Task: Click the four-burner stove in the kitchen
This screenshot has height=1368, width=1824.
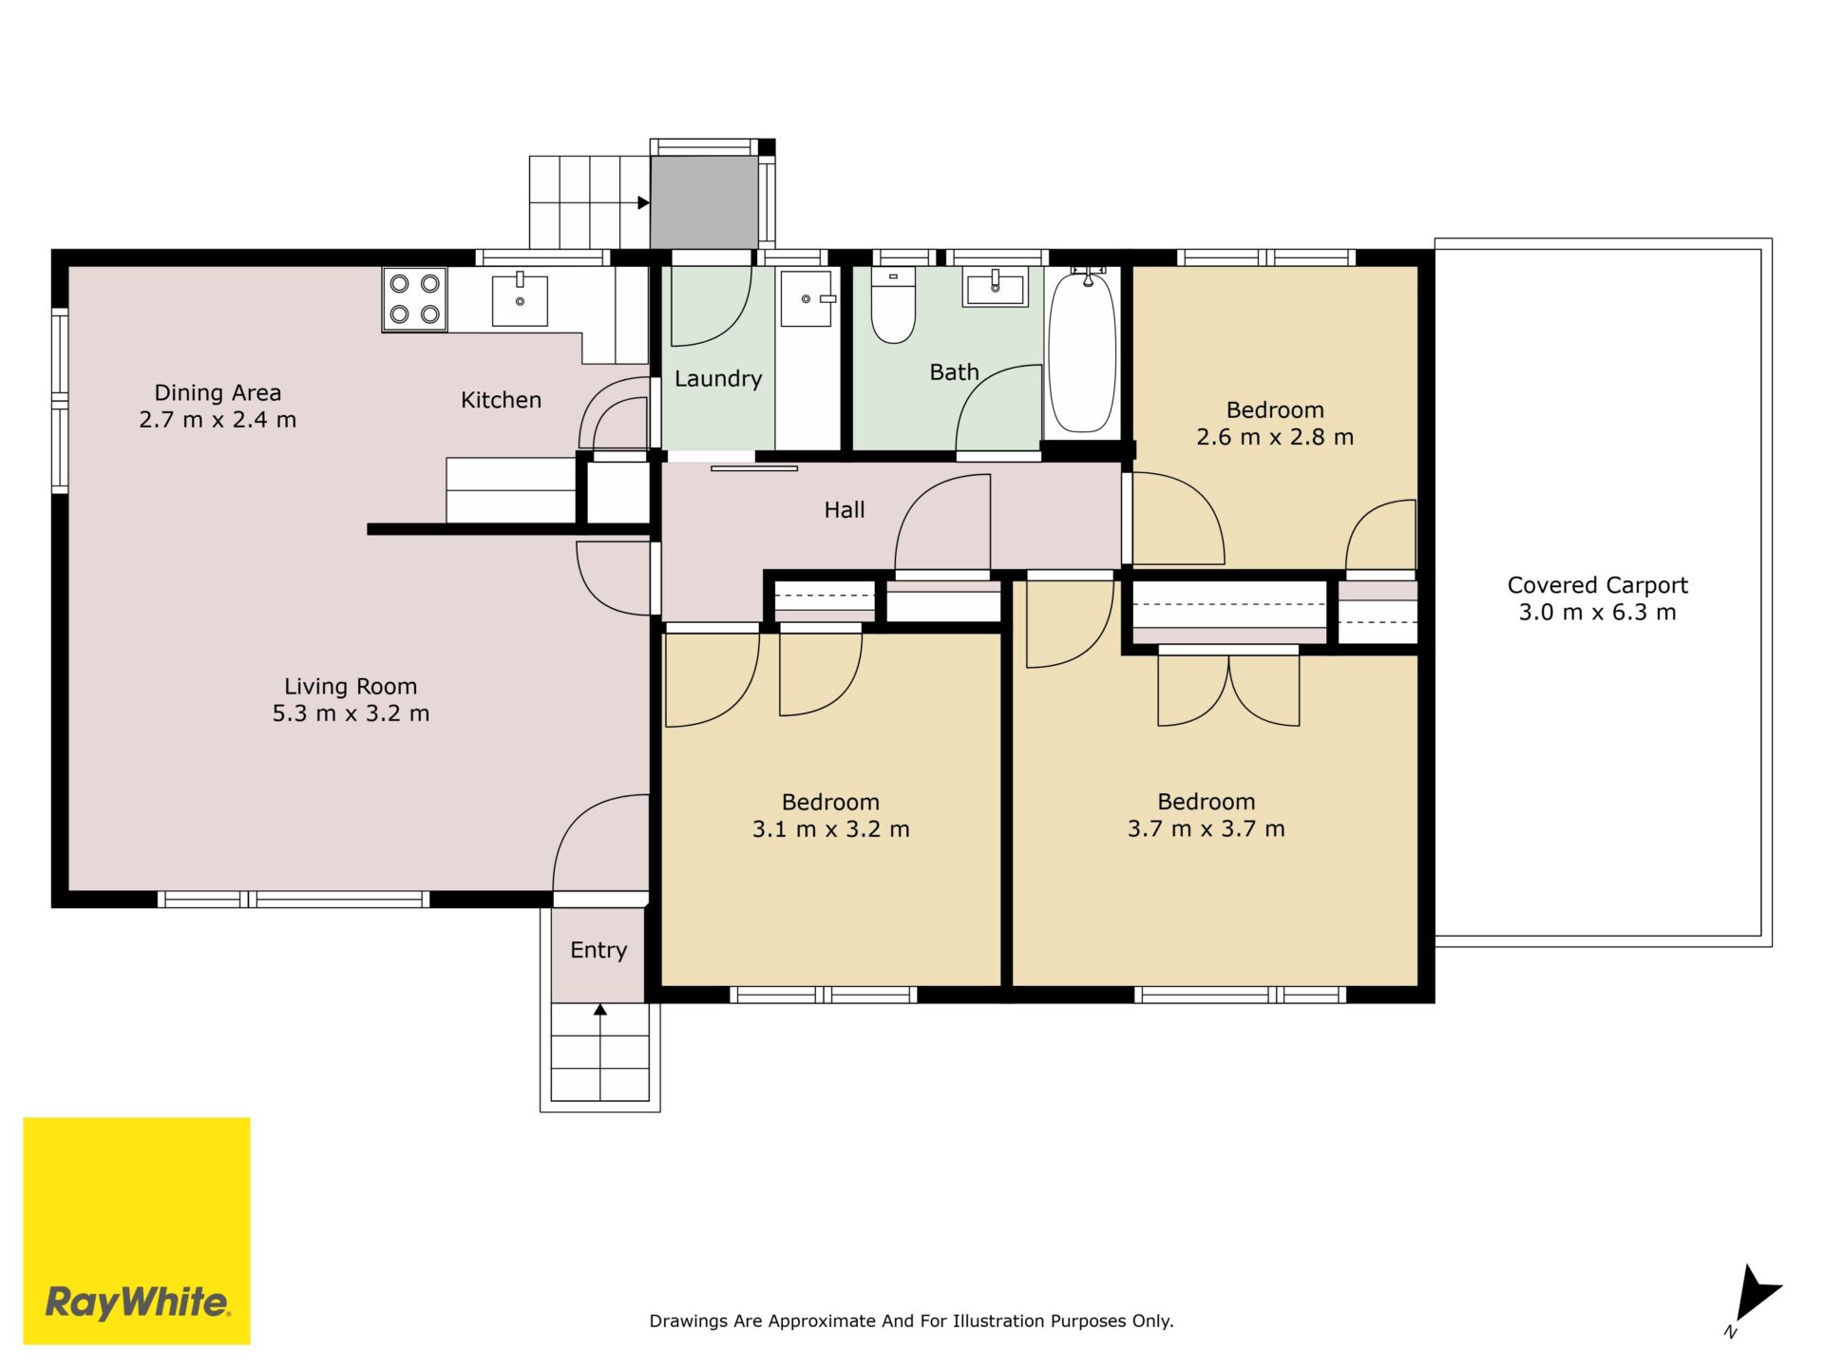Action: (415, 298)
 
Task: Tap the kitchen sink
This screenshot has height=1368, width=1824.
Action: (520, 299)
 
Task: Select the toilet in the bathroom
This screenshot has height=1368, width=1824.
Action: (893, 304)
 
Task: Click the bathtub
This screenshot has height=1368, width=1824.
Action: (1082, 351)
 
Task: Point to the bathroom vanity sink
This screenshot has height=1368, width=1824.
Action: (996, 287)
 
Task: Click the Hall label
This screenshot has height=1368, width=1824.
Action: (845, 510)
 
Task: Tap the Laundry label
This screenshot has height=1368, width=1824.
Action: (718, 379)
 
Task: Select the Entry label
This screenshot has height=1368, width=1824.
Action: (598, 950)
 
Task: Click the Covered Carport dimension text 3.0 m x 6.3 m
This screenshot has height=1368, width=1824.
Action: (1597, 613)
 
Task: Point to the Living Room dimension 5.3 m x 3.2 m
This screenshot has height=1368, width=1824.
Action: (351, 713)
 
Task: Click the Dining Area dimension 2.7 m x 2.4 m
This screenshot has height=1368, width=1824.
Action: (218, 420)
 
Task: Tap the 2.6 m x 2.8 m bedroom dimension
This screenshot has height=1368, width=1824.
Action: (1275, 437)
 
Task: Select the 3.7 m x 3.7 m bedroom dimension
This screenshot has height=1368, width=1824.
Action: (1206, 829)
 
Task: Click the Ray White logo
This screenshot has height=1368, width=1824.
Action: (137, 1231)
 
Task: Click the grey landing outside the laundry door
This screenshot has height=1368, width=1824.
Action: (704, 202)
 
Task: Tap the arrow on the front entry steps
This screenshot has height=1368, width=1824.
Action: (600, 1010)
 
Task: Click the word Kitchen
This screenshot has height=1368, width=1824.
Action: (501, 400)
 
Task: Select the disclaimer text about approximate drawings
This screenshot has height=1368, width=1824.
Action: (911, 1321)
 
